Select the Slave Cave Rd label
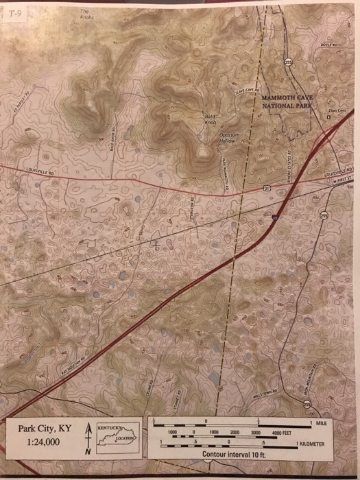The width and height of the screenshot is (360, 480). pyautogui.click(x=246, y=95)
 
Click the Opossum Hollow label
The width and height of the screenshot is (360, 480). pyautogui.click(x=228, y=138)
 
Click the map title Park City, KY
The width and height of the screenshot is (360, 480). pyautogui.click(x=48, y=429)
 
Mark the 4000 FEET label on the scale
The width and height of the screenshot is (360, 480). pyautogui.click(x=282, y=434)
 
